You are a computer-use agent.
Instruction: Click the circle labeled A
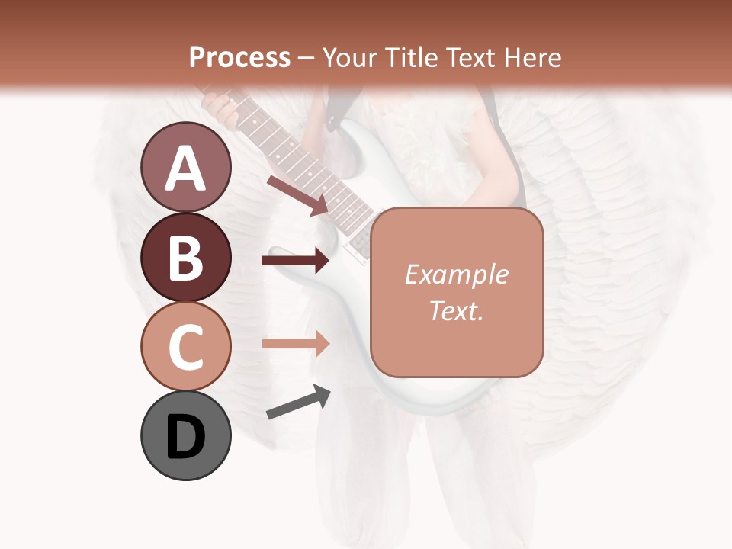(186, 168)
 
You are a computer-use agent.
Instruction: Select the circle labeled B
(186, 257)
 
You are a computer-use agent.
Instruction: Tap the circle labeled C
(186, 347)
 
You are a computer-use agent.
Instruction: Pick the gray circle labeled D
(186, 436)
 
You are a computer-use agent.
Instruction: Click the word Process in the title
(239, 57)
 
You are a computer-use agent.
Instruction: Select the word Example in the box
(456, 274)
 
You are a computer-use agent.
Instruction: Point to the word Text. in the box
(456, 310)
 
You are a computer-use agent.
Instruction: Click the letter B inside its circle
(186, 258)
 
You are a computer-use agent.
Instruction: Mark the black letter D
(186, 437)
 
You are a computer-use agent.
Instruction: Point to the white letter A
(186, 169)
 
